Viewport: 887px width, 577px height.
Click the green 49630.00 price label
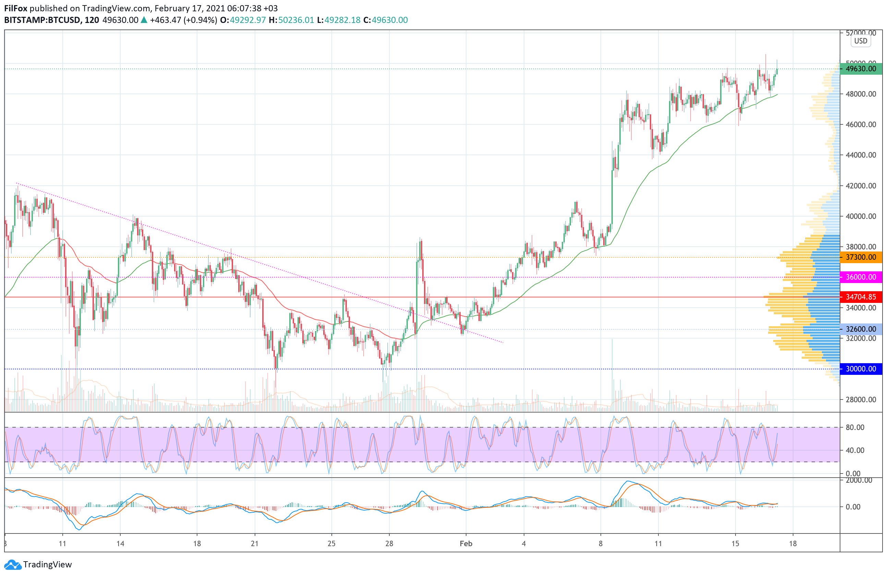click(861, 69)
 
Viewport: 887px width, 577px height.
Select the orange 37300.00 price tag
click(861, 257)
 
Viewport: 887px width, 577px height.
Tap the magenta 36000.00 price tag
click(861, 277)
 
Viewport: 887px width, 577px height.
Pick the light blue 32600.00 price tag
click(861, 329)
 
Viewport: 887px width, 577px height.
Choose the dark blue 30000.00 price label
click(861, 369)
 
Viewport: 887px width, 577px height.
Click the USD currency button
click(861, 41)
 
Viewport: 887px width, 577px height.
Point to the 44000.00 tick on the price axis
click(861, 155)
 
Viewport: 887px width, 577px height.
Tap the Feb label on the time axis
click(466, 544)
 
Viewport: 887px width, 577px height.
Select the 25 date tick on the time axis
click(331, 544)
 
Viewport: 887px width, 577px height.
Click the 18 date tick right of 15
click(793, 544)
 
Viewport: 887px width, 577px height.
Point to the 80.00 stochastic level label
click(855, 428)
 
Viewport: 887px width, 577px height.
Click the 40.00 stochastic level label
click(855, 451)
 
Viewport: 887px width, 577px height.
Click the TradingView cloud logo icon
click(13, 565)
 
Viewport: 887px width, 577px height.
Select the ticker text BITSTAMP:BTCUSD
click(42, 20)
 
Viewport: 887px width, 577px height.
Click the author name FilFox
click(16, 8)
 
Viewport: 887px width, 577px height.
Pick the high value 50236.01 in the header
click(296, 20)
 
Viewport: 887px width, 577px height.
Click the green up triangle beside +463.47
click(144, 20)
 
